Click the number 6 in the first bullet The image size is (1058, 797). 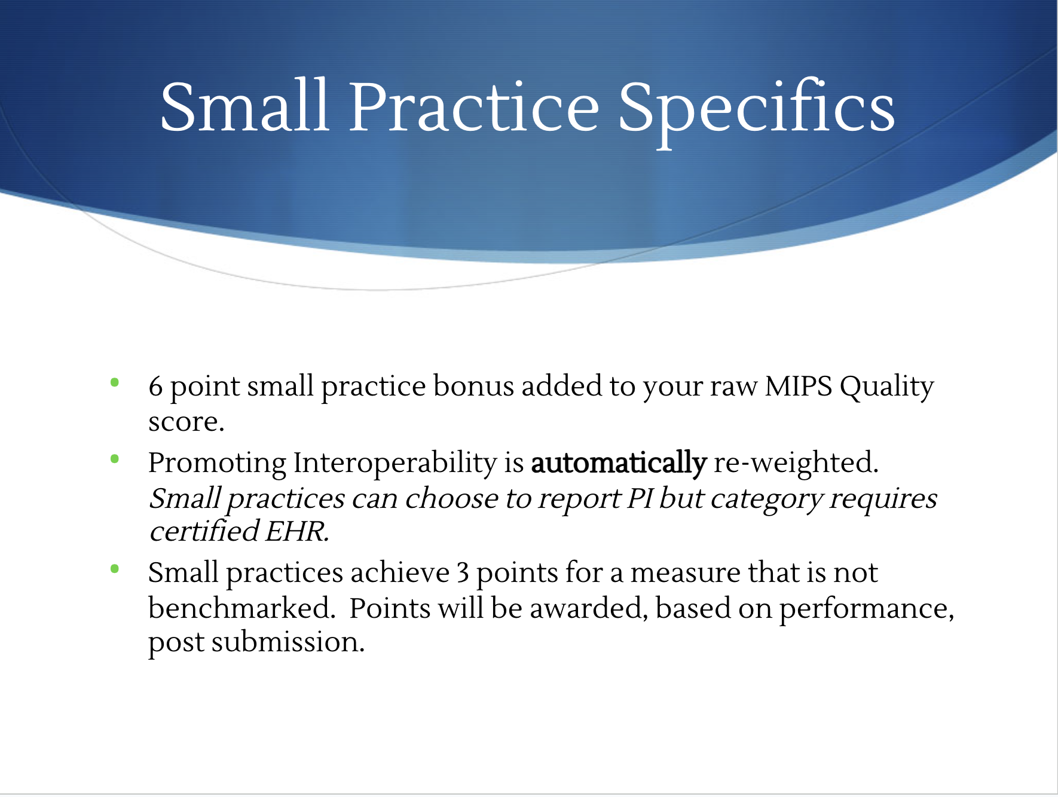click(x=155, y=387)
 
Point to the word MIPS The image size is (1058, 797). click(x=799, y=387)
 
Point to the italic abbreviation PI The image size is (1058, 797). click(x=640, y=499)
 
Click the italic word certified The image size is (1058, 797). click(x=204, y=531)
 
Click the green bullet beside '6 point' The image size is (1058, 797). click(x=115, y=382)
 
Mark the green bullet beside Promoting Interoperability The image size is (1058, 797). click(x=115, y=459)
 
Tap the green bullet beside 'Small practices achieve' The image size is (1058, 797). click(x=115, y=569)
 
